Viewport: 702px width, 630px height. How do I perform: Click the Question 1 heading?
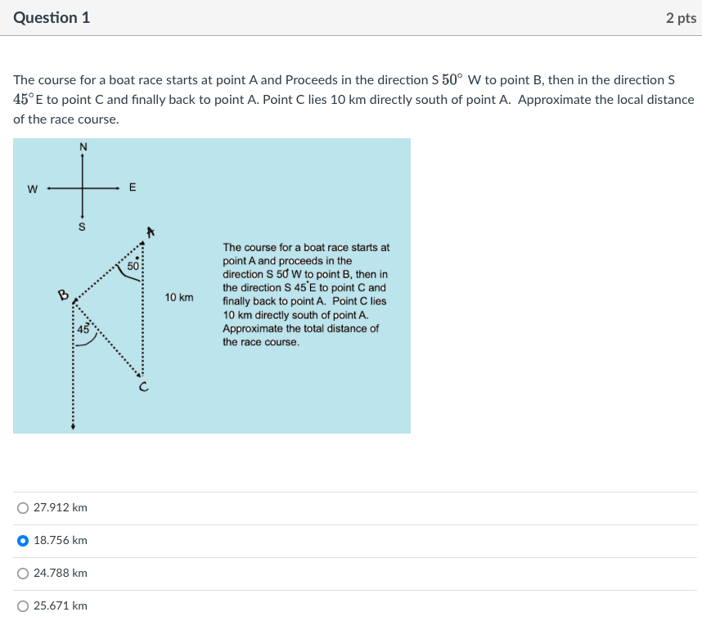click(x=52, y=17)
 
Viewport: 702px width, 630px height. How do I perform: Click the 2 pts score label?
click(x=681, y=18)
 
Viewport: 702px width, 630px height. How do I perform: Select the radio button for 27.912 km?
click(x=23, y=508)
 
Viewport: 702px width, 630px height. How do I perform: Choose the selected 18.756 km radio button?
click(x=23, y=541)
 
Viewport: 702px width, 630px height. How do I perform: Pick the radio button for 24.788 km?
click(x=23, y=574)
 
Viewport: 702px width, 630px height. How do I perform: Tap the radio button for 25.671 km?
click(x=23, y=606)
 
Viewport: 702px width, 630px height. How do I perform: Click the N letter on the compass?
click(x=83, y=147)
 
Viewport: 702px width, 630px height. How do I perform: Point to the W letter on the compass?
click(x=32, y=189)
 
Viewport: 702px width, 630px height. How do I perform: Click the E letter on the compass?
click(x=133, y=188)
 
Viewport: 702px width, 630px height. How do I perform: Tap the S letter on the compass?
click(x=82, y=227)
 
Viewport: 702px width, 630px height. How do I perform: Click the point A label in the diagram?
click(x=150, y=232)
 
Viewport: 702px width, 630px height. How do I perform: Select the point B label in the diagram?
click(x=62, y=295)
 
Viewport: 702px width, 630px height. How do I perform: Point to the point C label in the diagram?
click(x=142, y=389)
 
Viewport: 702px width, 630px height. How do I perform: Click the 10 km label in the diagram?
click(x=179, y=297)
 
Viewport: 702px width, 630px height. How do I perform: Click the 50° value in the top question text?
click(x=452, y=80)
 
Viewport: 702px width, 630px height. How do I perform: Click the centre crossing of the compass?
click(x=83, y=188)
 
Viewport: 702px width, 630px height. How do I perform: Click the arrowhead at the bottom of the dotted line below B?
click(x=73, y=426)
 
